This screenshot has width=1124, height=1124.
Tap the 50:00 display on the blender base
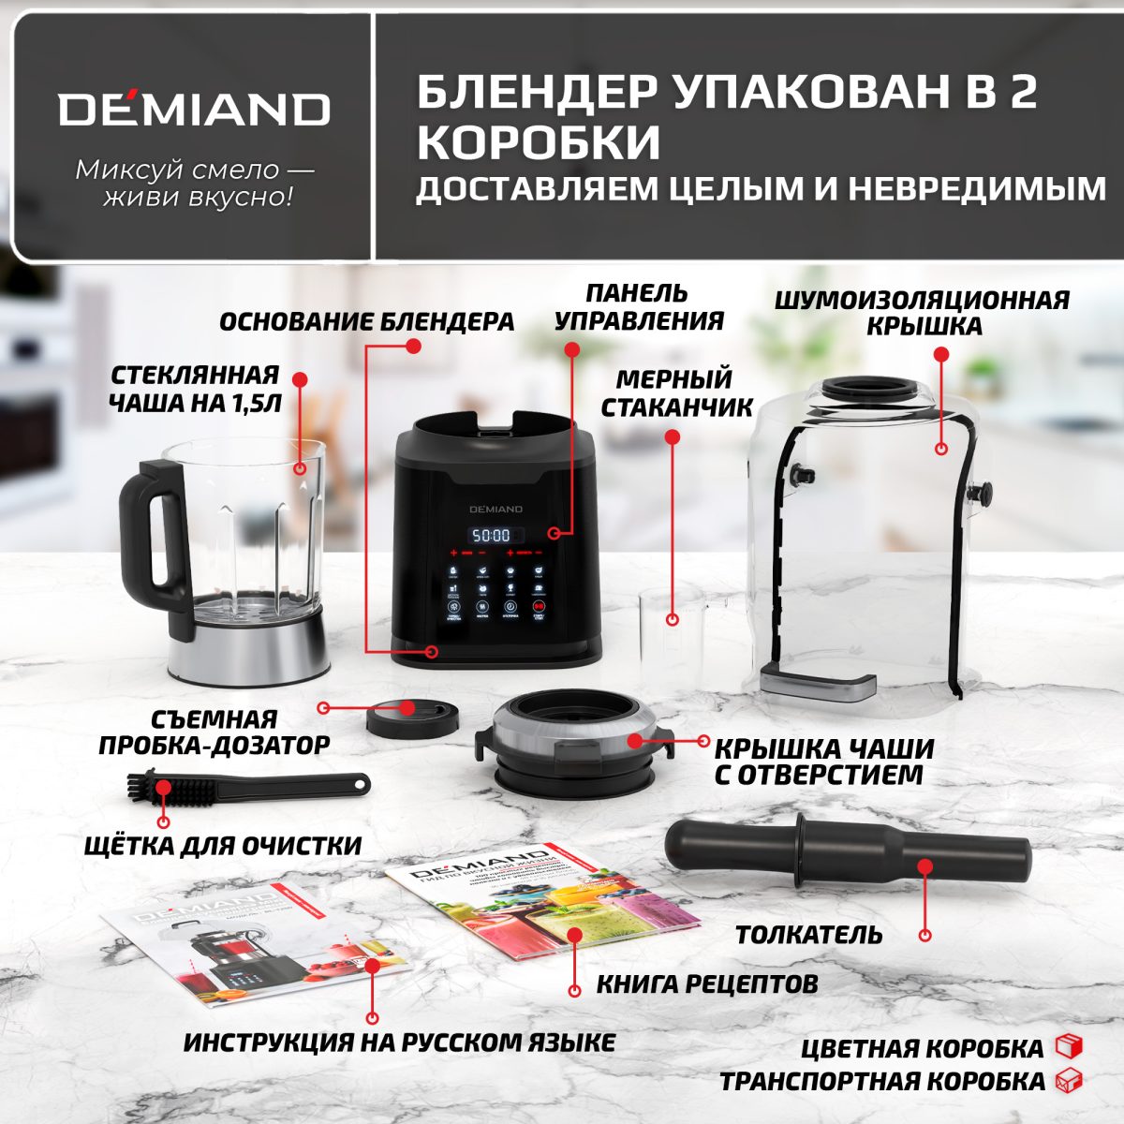pyautogui.click(x=490, y=536)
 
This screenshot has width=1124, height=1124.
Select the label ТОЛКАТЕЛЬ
pyautogui.click(x=808, y=935)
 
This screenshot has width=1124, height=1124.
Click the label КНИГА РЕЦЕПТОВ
pyautogui.click(x=707, y=984)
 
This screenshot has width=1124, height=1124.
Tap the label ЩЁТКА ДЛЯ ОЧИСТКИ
pyautogui.click(x=223, y=846)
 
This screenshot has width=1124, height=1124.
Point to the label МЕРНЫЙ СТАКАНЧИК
pyautogui.click(x=676, y=393)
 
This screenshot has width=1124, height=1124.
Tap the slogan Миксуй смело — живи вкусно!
pyautogui.click(x=195, y=184)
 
